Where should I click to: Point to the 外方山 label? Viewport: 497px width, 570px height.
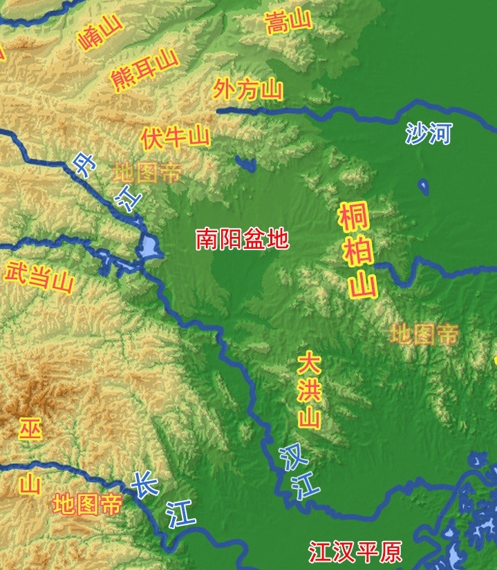(x=248, y=88)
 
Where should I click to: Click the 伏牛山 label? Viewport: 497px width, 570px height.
(x=174, y=136)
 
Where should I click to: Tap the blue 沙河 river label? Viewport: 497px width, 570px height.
(x=428, y=133)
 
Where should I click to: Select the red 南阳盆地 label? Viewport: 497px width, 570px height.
(x=242, y=239)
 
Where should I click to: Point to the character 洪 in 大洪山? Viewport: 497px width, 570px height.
(x=310, y=390)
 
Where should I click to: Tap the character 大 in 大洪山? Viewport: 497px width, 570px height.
(x=309, y=364)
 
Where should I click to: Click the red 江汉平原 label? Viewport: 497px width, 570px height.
(x=355, y=553)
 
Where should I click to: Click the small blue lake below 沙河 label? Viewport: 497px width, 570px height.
(x=423, y=187)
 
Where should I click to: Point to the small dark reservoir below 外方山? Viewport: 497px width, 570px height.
(x=245, y=164)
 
